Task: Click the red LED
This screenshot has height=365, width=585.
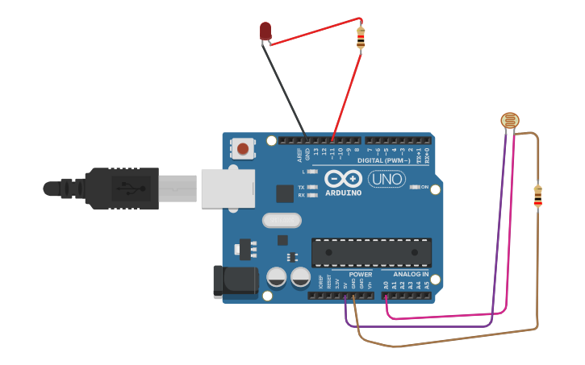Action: [x=265, y=31]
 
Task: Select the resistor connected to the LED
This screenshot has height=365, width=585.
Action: [x=361, y=37]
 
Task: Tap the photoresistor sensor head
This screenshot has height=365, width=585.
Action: [x=509, y=121]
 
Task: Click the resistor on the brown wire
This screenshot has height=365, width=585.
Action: [x=537, y=196]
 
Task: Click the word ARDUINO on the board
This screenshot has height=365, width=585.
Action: [x=343, y=193]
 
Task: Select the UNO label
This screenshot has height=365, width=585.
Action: [x=387, y=179]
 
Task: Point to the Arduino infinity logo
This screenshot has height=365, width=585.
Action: [x=343, y=178]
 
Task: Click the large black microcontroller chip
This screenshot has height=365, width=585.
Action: [x=371, y=251]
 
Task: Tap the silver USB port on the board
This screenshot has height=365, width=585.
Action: [x=228, y=189]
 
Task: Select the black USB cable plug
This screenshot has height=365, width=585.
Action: [x=121, y=189]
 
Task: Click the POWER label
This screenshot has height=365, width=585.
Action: [x=361, y=275]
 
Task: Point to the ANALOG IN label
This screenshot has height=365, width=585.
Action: [x=411, y=275]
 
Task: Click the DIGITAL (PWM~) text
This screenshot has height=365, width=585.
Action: [x=383, y=160]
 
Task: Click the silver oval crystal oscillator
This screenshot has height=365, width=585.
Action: [x=282, y=220]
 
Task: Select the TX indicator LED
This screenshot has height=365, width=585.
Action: [x=311, y=187]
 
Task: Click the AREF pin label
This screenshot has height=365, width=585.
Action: [x=299, y=152]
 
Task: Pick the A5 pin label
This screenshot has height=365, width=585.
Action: [x=426, y=284]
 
